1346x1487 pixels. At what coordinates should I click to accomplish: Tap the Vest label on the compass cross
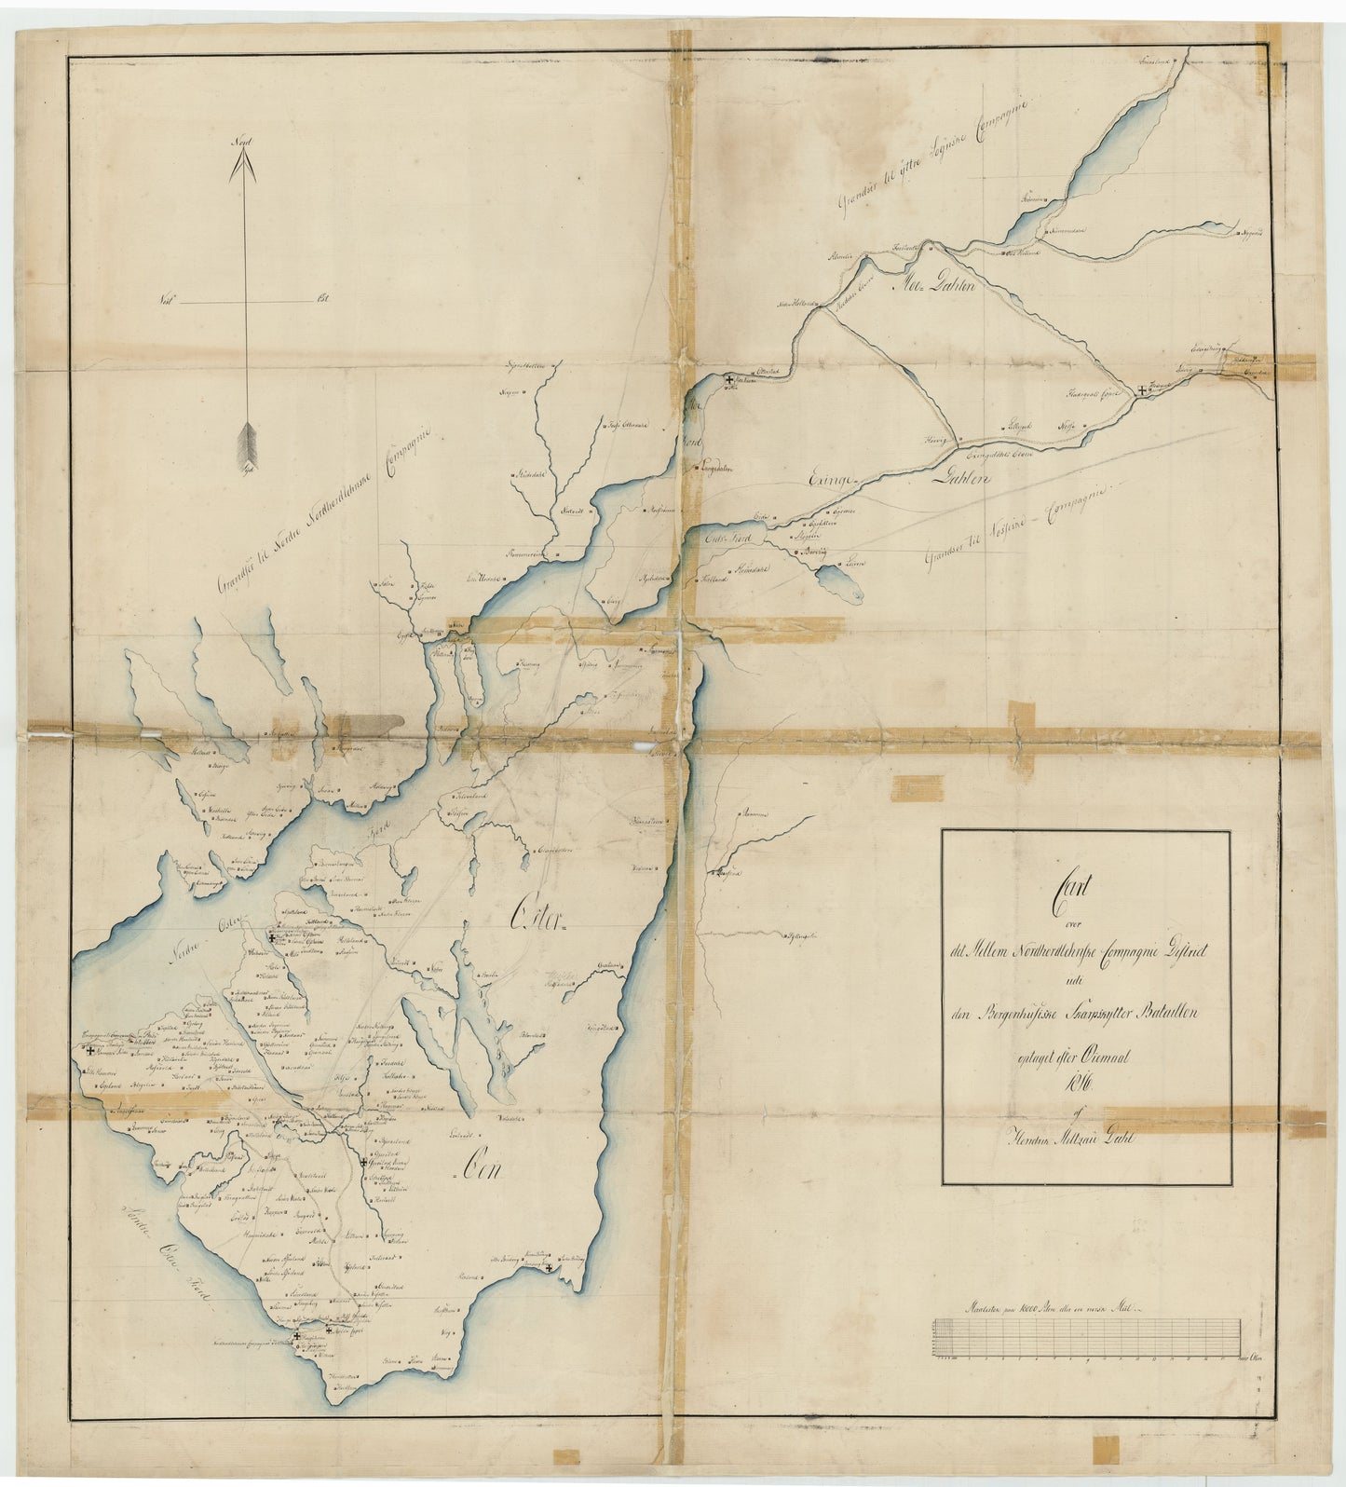coord(168,301)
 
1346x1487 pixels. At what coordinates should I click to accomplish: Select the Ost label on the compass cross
coord(323,300)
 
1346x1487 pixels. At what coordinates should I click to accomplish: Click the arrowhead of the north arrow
coord(244,167)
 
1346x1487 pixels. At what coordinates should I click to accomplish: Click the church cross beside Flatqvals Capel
coord(1142,393)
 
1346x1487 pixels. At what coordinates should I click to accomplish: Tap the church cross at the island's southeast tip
coord(550,1268)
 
